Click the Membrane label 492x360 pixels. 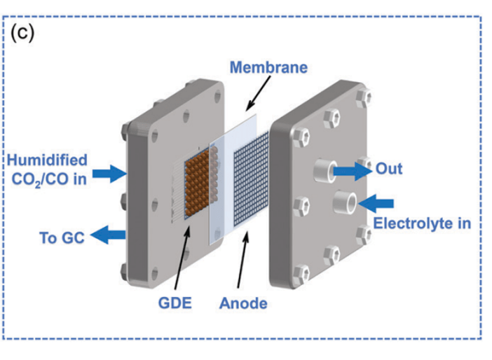click(x=269, y=68)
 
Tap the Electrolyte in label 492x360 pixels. click(x=421, y=224)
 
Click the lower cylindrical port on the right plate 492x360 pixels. click(x=344, y=202)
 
